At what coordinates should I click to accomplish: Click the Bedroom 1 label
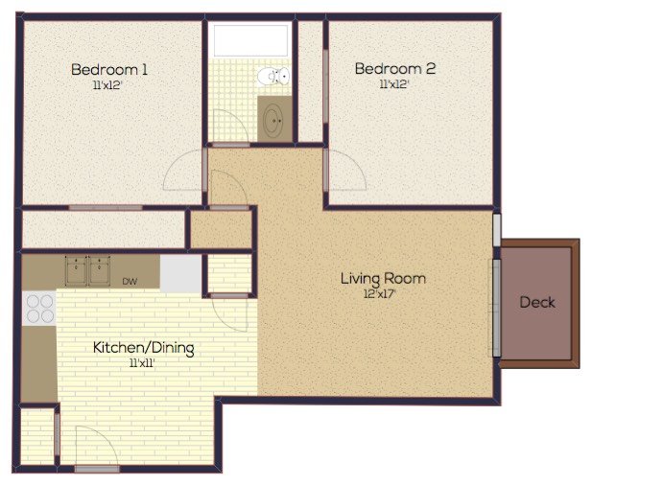tap(109, 69)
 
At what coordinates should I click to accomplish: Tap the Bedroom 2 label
tap(395, 69)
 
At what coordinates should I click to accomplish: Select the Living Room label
tap(383, 279)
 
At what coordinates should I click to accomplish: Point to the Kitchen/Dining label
tap(143, 347)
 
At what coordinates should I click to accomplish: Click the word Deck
tap(537, 302)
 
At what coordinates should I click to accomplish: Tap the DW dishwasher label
tap(129, 282)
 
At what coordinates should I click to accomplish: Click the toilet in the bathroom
tap(275, 77)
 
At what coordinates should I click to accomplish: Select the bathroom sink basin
tap(274, 120)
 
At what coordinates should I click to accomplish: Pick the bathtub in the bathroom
tap(250, 40)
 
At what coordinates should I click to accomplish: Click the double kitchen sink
tap(87, 271)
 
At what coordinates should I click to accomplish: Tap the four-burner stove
tap(39, 308)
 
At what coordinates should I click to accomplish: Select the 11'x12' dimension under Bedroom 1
tap(109, 85)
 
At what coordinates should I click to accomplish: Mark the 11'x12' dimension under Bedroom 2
tap(395, 85)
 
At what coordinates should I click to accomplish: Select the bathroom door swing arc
tap(227, 127)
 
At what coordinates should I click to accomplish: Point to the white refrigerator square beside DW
tap(180, 273)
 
